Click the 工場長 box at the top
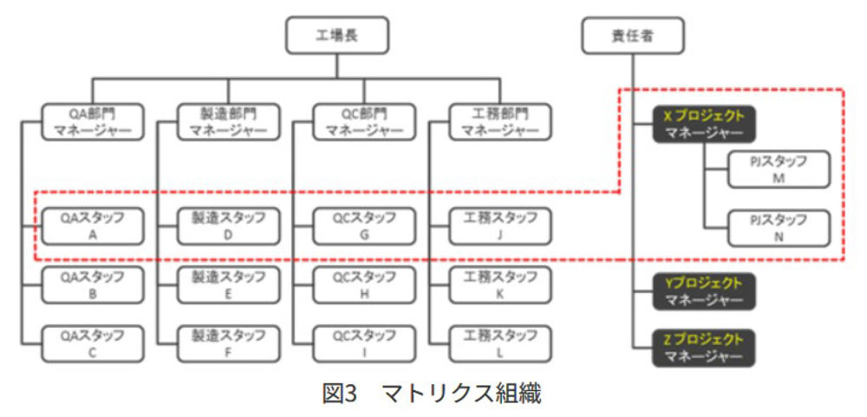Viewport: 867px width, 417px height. pyautogui.click(x=337, y=35)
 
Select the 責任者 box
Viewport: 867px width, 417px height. pyautogui.click(x=633, y=36)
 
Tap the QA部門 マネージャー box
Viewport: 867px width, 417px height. pyautogui.click(x=93, y=121)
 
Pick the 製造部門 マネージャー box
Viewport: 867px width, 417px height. pyautogui.click(x=228, y=121)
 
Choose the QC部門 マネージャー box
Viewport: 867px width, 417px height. pyautogui.click(x=364, y=121)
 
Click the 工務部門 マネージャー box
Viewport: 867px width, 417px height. pyautogui.click(x=500, y=121)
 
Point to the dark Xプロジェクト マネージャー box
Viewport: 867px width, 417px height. pyautogui.click(x=703, y=125)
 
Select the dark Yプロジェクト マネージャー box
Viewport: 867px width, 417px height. pyautogui.click(x=703, y=291)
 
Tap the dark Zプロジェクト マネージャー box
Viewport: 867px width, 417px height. pyautogui.click(x=703, y=348)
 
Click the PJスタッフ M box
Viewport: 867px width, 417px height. pyautogui.click(x=779, y=170)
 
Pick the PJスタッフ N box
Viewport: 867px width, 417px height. pyautogui.click(x=779, y=228)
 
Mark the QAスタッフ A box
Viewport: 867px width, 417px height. pyautogui.click(x=93, y=226)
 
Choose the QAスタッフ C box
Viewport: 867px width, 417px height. pyautogui.click(x=93, y=344)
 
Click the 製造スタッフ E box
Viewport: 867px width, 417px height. pyautogui.click(x=228, y=285)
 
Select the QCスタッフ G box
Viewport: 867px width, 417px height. pyautogui.click(x=364, y=226)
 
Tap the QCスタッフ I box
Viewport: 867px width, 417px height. pyautogui.click(x=364, y=344)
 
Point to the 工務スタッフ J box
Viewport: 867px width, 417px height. pyautogui.click(x=500, y=226)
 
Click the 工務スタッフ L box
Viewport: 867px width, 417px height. pyautogui.click(x=500, y=344)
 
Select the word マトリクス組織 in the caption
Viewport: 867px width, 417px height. pyautogui.click(x=462, y=394)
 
